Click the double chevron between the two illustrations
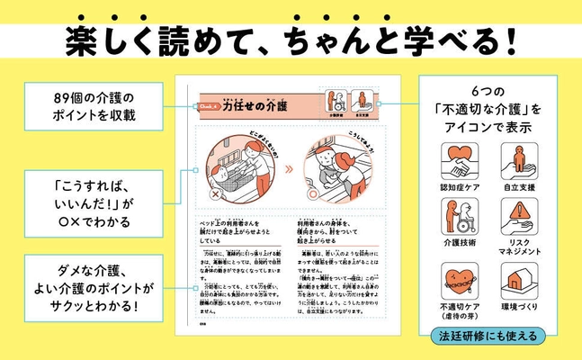point(288,167)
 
